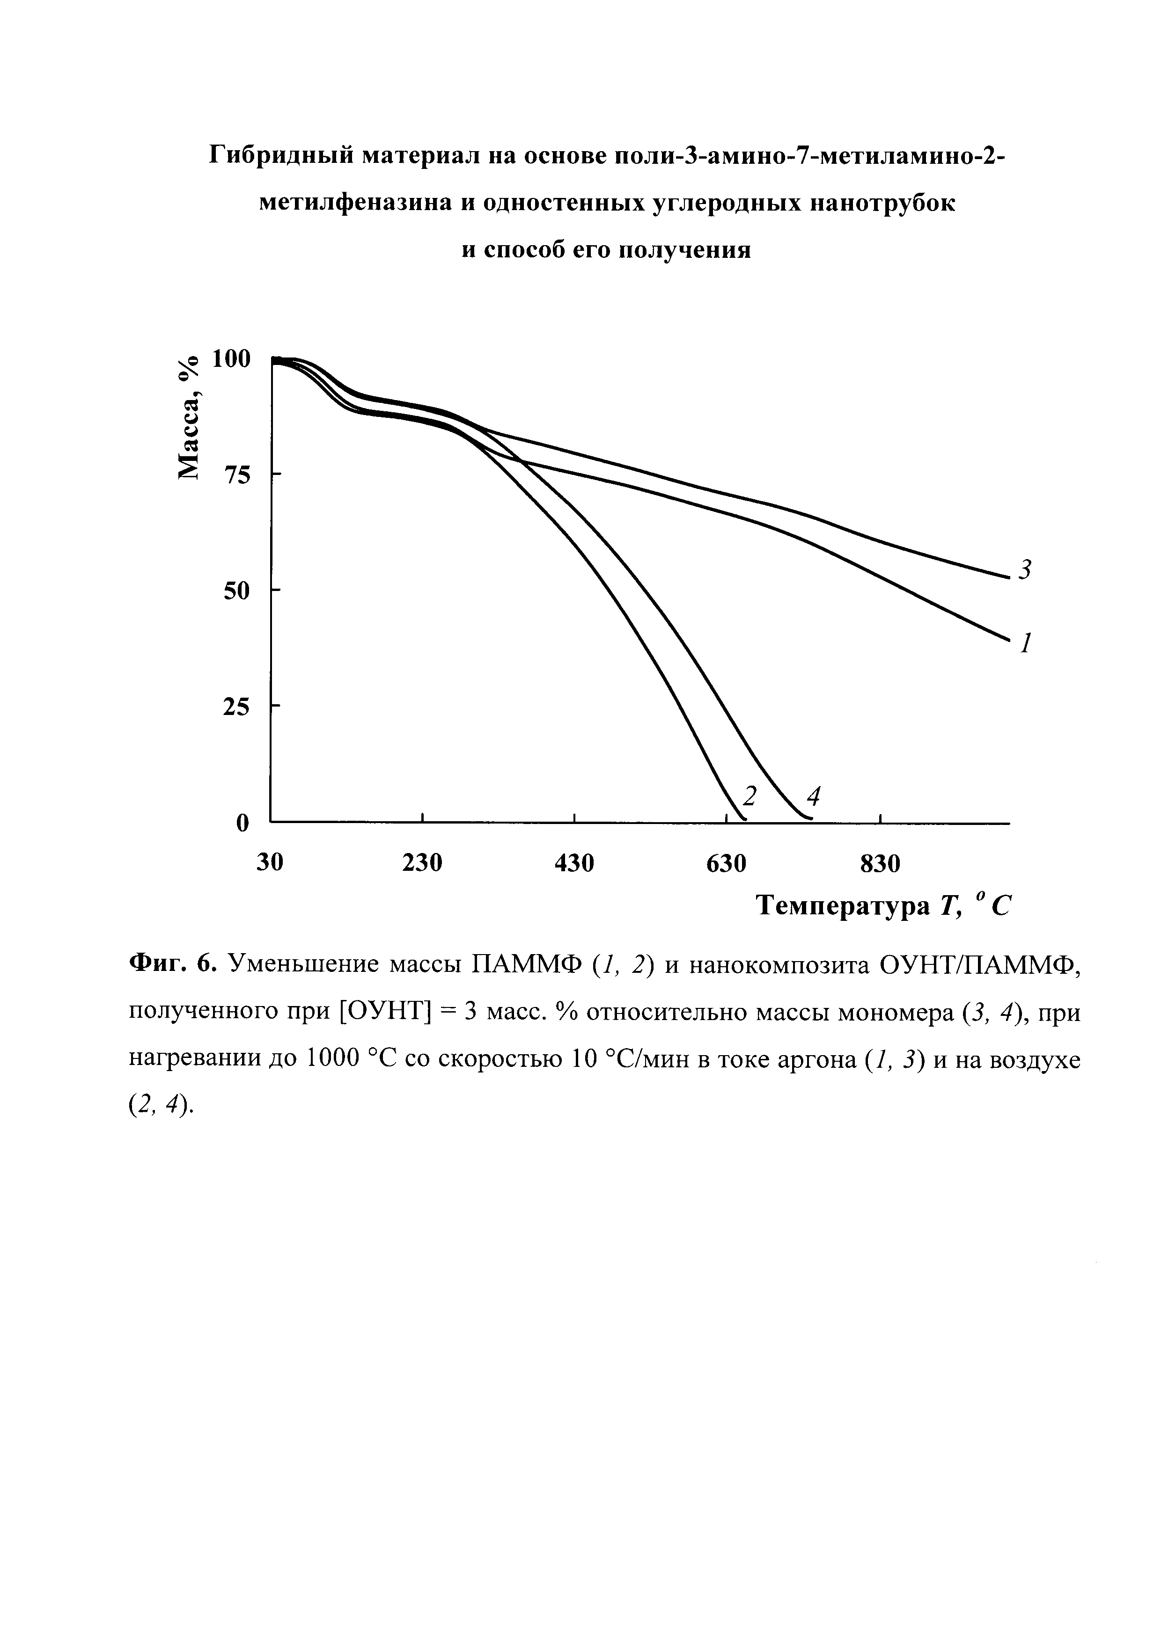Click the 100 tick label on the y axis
point(232,359)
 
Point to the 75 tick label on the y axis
point(238,474)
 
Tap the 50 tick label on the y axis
point(238,591)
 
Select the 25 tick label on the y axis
point(238,707)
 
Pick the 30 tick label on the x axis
point(270,863)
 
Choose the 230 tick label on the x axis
point(423,863)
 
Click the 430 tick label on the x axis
point(575,863)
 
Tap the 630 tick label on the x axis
point(727,863)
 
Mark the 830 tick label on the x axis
point(880,863)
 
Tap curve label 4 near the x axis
point(812,795)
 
